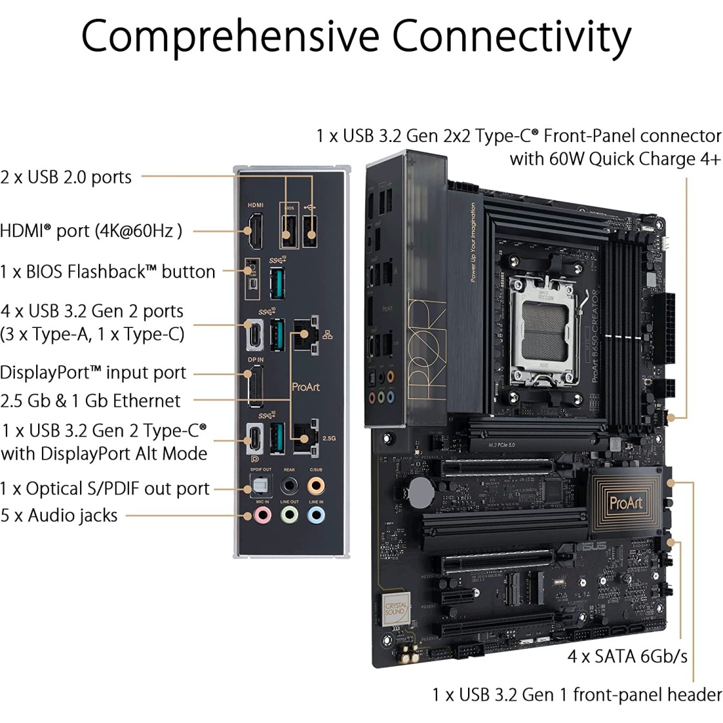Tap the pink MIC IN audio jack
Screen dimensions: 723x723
tap(261, 514)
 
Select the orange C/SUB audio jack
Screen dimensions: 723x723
tap(316, 484)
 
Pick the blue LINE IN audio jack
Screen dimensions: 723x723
tap(316, 514)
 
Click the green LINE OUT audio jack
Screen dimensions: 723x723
tap(289, 514)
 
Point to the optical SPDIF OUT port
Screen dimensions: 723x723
tap(261, 485)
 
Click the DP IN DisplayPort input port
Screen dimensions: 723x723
tap(254, 387)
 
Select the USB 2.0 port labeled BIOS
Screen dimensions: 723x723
tap(288, 229)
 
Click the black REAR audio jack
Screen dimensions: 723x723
tap(289, 484)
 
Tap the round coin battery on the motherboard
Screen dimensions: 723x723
tap(423, 491)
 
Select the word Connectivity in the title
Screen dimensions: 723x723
tap(511, 37)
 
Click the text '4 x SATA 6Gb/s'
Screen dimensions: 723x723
tap(627, 657)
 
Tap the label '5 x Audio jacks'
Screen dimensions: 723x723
tap(59, 516)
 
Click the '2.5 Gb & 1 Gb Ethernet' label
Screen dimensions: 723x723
tap(90, 400)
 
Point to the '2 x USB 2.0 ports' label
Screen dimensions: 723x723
tap(66, 177)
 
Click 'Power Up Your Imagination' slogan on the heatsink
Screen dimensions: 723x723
tap(473, 242)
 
